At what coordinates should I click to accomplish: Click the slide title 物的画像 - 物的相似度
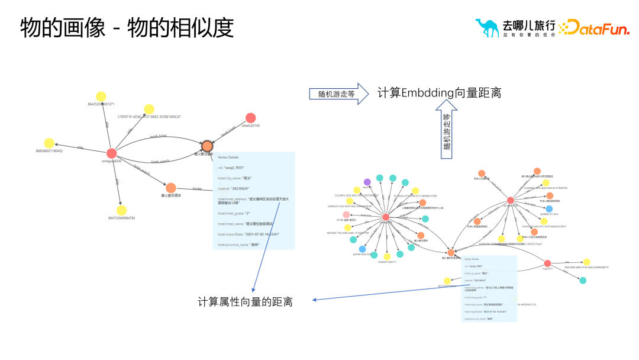pos(127,28)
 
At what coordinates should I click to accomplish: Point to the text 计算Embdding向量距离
pos(439,93)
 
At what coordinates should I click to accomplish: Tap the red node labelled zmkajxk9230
pos(111,153)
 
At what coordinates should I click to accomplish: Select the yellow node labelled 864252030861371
pos(101,97)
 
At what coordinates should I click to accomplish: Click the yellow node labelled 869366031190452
pos(49,143)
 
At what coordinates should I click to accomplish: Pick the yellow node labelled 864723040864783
pos(121,210)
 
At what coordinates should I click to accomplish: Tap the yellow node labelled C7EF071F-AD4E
pos(149,109)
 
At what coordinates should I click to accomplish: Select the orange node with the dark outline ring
pos(206,146)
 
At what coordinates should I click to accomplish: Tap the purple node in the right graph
pos(367,182)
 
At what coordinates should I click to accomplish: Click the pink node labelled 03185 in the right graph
pos(346,214)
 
